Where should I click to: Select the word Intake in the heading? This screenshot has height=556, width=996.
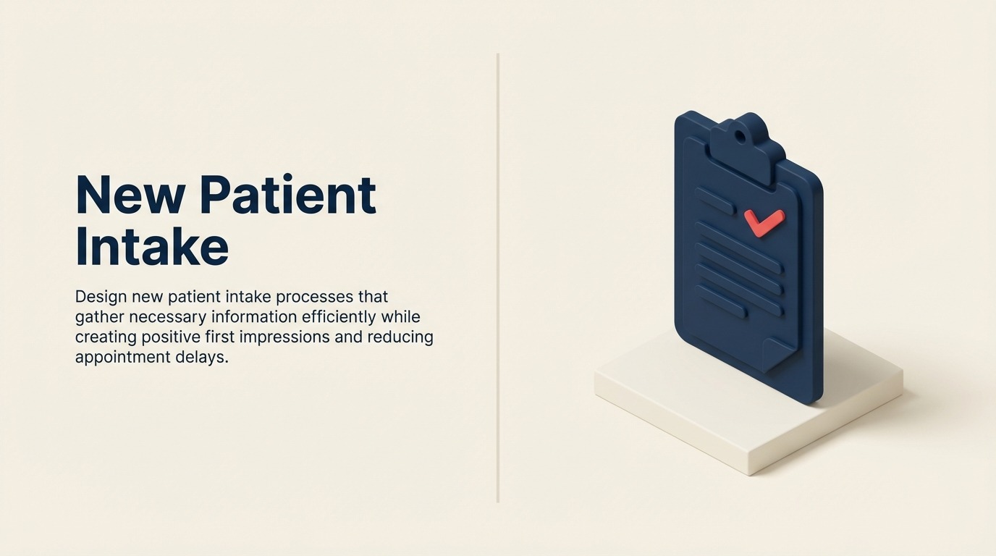[151, 246]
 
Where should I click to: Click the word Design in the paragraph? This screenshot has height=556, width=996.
[101, 297]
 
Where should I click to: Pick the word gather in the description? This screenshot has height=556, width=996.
[99, 317]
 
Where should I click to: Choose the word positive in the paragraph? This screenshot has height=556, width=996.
[169, 337]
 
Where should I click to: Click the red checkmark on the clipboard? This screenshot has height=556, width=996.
[764, 222]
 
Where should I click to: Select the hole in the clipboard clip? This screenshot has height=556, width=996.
[740, 135]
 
